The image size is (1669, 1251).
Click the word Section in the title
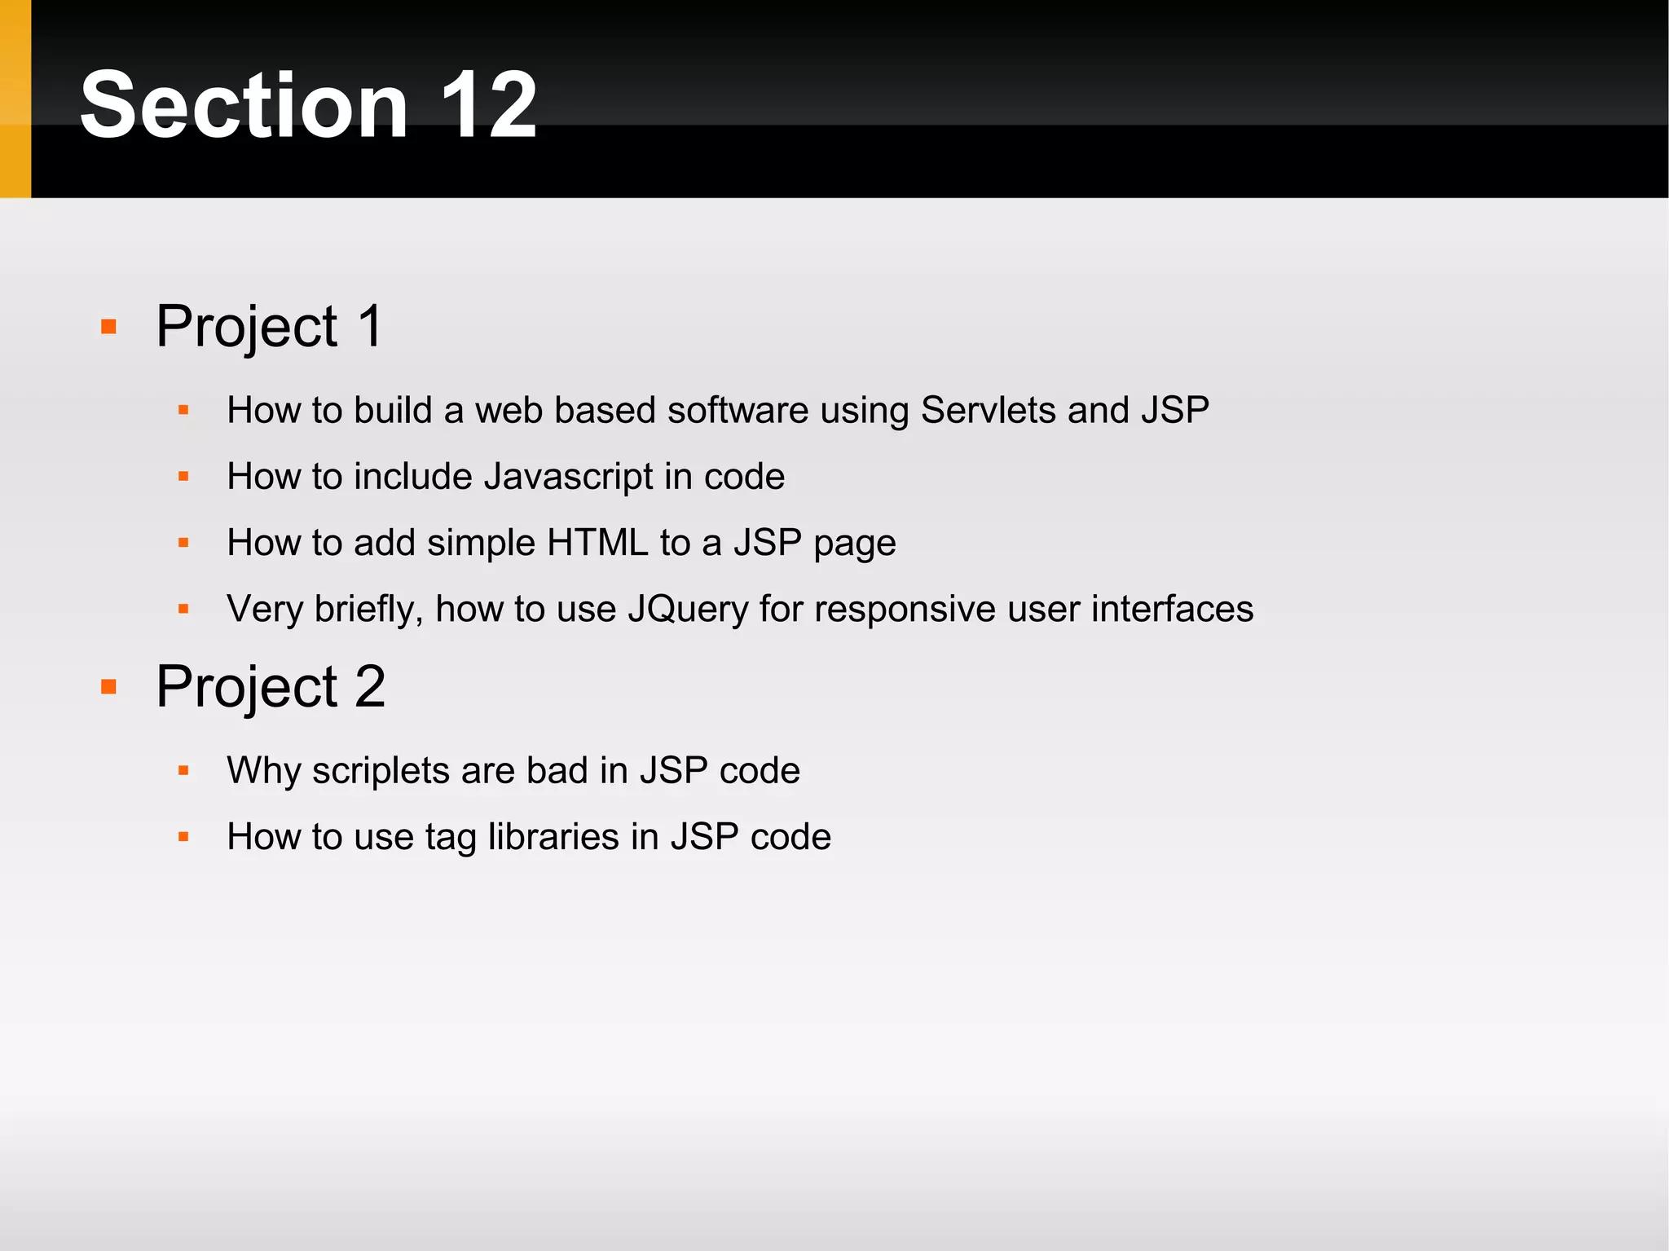coord(244,104)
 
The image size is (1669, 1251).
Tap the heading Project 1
coord(269,326)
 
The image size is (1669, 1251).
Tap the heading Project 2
coord(271,686)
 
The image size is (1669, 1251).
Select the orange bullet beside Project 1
coord(108,327)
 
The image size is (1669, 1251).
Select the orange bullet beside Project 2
coord(108,687)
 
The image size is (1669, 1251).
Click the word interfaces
coord(1172,609)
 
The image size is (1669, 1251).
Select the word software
coord(738,410)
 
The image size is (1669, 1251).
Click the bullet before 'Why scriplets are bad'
coord(183,771)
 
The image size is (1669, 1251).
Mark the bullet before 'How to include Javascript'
coord(183,477)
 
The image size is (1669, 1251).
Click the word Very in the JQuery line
coord(264,610)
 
